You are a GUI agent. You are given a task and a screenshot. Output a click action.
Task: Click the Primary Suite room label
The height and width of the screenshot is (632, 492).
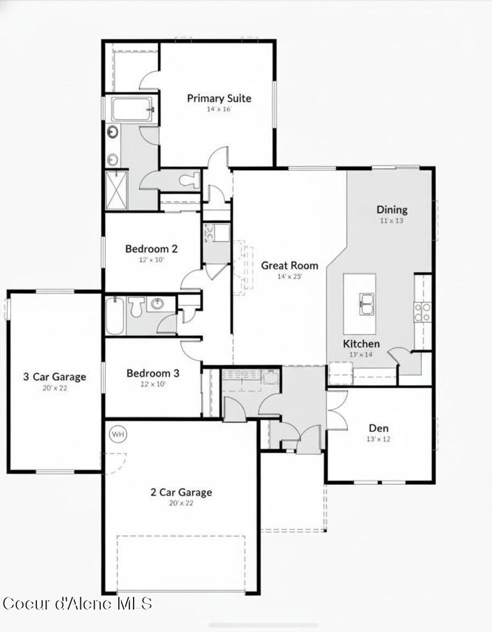tap(219, 98)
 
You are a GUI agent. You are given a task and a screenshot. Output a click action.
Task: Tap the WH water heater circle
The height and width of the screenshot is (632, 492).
tap(118, 435)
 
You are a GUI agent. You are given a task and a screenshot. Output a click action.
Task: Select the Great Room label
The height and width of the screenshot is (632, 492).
tap(289, 265)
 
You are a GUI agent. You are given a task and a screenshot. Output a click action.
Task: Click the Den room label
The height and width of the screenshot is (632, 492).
tap(379, 428)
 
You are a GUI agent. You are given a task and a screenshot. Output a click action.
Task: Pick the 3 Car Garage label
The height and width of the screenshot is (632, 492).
tap(55, 377)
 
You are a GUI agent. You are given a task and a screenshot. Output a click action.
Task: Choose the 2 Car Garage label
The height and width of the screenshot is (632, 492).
tap(181, 492)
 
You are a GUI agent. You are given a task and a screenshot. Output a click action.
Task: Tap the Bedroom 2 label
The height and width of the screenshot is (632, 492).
tap(151, 249)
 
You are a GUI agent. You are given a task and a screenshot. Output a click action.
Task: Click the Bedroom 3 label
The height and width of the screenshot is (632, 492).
tap(153, 373)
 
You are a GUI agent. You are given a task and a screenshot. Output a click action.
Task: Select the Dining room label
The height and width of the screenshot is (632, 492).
tap(392, 210)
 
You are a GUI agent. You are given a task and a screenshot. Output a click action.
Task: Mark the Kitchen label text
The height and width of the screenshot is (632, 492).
tap(361, 344)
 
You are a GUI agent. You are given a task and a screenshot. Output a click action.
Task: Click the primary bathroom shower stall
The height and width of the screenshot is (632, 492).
tap(117, 190)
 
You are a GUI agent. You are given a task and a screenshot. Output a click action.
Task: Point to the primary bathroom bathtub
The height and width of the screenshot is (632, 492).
tap(132, 110)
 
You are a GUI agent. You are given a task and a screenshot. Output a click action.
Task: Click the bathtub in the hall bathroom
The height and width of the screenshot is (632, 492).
tap(115, 316)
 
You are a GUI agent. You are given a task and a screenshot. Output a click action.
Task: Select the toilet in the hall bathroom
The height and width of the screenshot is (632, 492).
tap(136, 306)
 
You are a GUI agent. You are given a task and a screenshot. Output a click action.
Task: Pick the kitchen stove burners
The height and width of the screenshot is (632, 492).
tap(422, 312)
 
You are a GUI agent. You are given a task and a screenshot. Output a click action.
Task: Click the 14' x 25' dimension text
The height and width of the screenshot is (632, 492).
tap(289, 276)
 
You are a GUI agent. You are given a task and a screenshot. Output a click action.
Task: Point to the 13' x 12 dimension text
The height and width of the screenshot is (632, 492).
tap(379, 439)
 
